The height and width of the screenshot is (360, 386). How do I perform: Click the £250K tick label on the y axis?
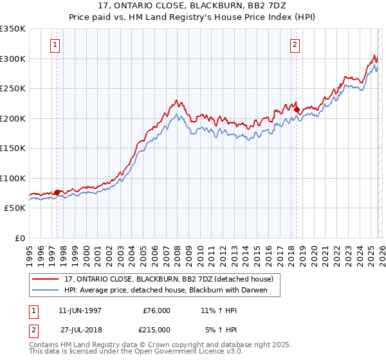(13, 89)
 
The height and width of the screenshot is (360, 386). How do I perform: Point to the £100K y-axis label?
(13, 178)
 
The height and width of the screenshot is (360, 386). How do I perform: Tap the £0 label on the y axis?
(19, 238)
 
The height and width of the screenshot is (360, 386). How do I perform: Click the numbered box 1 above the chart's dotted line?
(55, 45)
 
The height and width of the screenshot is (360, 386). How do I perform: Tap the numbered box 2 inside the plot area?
(295, 45)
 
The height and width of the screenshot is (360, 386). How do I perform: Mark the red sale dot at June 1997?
(57, 192)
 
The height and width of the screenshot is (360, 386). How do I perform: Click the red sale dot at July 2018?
(297, 110)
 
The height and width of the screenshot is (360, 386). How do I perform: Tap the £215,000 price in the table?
(156, 329)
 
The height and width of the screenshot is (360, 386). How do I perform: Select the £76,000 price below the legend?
(156, 310)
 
